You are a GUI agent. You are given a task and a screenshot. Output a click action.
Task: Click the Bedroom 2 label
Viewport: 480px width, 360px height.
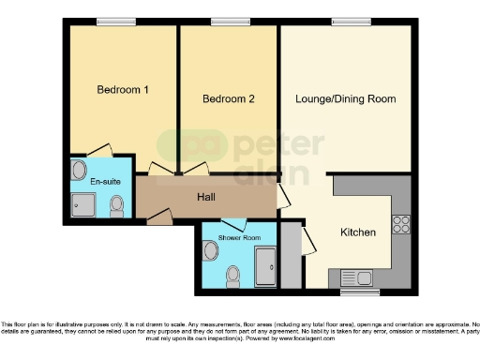(x=228, y=98)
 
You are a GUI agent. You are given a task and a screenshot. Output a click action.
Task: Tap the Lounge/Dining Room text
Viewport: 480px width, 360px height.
(x=345, y=98)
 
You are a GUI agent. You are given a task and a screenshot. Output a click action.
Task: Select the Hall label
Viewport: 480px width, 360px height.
(x=208, y=198)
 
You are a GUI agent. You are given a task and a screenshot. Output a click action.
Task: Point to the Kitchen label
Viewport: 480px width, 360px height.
(x=357, y=232)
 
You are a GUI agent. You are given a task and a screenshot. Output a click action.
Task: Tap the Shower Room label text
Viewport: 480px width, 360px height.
(x=239, y=238)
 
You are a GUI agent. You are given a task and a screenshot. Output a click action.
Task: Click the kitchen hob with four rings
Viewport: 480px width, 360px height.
(x=402, y=224)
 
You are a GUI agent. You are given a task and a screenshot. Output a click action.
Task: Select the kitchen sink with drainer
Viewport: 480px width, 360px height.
(x=358, y=277)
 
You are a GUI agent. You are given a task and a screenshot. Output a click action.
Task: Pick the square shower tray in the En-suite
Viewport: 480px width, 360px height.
(x=83, y=203)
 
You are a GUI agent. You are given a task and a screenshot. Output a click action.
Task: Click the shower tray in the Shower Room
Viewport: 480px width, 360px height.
(x=265, y=266)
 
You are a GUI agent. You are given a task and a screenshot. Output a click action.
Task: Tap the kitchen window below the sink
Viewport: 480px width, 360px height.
(x=359, y=292)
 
